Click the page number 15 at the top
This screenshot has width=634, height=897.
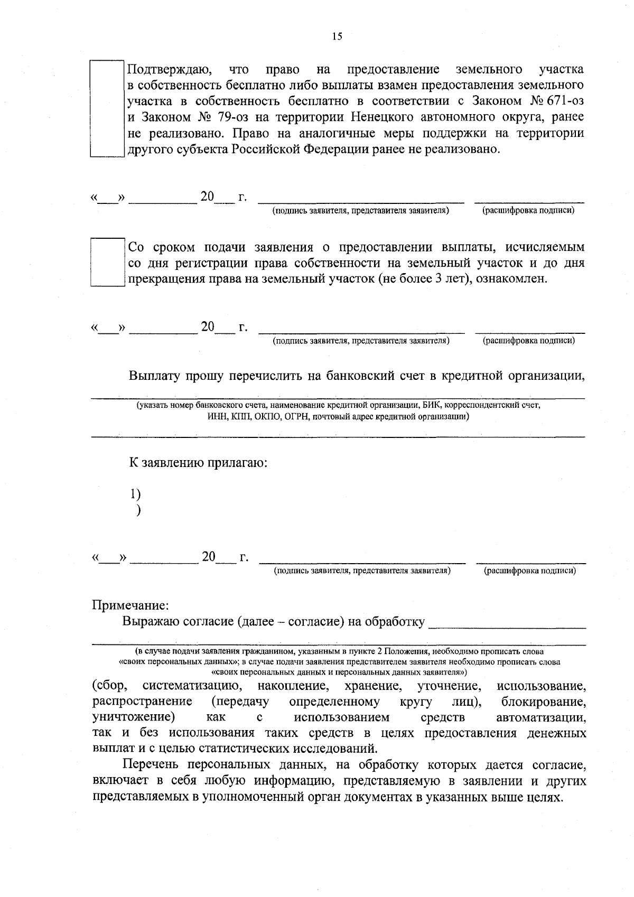tap(337, 36)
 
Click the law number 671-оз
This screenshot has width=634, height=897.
tap(568, 101)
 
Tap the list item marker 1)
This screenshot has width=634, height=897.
tap(135, 494)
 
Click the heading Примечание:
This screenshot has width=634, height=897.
tap(130, 604)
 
